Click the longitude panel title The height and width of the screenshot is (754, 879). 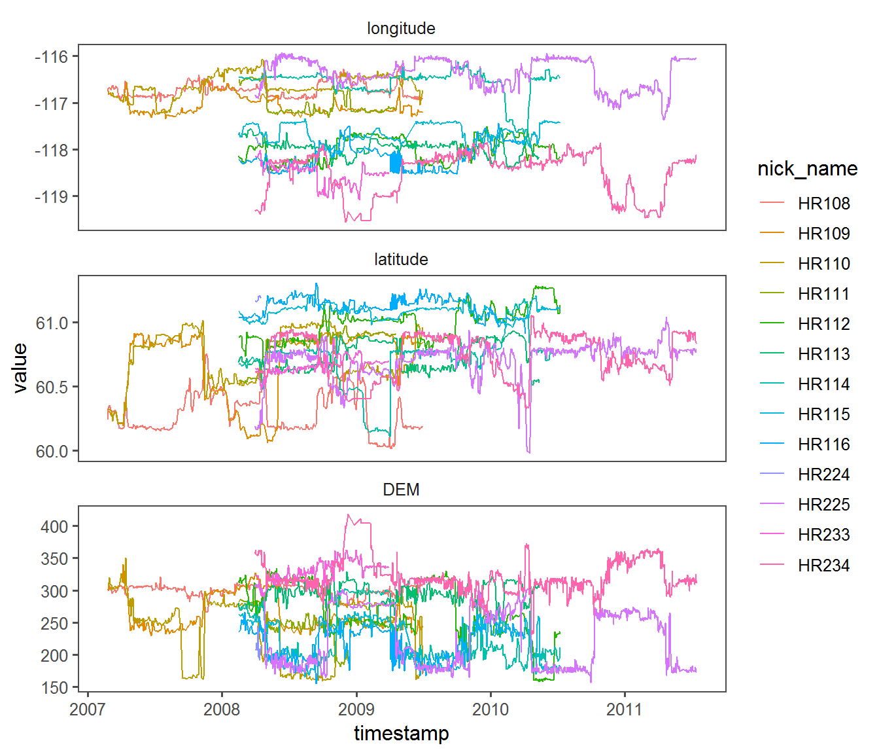point(401,29)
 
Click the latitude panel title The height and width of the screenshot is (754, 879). point(401,260)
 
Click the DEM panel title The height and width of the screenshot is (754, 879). point(401,490)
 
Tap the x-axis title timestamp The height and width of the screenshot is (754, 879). point(401,734)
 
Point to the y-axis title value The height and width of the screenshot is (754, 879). point(20,368)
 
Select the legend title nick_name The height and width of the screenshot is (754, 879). point(807,169)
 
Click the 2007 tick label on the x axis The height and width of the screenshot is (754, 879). point(87,709)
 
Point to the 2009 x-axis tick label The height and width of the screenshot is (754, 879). point(356,709)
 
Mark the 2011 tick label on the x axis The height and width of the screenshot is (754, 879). point(625,709)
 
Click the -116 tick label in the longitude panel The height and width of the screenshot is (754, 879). point(52,57)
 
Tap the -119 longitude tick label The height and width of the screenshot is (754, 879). point(52,196)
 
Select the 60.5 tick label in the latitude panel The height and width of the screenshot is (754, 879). point(52,387)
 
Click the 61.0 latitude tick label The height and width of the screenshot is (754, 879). point(52,323)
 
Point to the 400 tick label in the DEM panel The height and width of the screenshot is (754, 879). point(54,526)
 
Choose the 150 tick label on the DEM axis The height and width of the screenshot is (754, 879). point(54,687)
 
